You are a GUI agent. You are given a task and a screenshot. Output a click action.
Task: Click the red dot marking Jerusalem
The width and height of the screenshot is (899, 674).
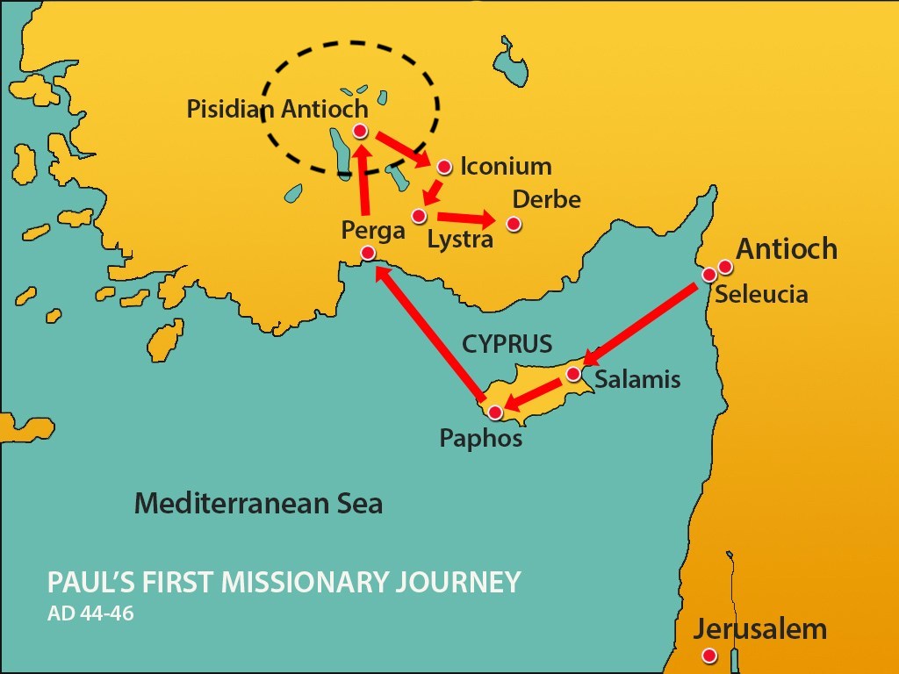(x=709, y=656)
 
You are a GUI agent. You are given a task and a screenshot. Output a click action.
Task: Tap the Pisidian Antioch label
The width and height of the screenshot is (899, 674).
(x=277, y=110)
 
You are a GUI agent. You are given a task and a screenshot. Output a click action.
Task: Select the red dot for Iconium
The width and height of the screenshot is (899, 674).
(x=444, y=167)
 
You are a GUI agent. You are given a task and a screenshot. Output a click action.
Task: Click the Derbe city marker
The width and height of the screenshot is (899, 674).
(x=514, y=224)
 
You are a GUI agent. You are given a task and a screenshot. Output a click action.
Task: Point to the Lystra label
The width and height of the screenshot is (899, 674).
(x=460, y=239)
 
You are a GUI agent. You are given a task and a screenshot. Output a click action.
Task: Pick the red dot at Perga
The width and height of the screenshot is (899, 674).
(x=368, y=254)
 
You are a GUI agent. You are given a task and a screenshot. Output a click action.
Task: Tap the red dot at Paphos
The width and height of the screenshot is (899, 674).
(x=495, y=412)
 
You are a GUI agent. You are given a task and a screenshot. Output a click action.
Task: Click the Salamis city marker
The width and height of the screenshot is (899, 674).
(x=572, y=374)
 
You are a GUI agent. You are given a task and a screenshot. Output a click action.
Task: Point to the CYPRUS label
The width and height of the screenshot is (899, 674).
(x=507, y=342)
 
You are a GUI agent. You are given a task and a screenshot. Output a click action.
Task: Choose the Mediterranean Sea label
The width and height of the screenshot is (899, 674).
(x=258, y=504)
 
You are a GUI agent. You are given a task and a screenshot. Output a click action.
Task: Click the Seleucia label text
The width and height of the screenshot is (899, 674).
(x=761, y=294)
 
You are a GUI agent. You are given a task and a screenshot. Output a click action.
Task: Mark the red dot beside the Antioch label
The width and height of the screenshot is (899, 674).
(x=724, y=266)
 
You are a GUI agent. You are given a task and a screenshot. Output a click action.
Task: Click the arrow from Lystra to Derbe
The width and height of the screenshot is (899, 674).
(x=466, y=218)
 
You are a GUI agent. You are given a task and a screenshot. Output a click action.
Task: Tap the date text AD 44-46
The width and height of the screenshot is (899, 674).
(x=91, y=612)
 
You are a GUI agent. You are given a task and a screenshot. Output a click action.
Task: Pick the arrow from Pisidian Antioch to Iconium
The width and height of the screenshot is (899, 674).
(x=404, y=148)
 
